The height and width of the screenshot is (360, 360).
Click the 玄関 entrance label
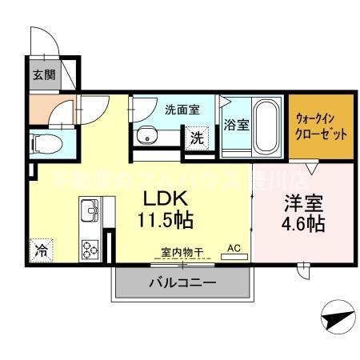(42, 76)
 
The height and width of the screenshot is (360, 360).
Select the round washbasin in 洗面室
(146, 137)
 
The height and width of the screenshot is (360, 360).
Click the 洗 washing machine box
(197, 137)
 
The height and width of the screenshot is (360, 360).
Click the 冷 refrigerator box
(40, 250)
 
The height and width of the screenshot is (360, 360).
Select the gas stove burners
(89, 248)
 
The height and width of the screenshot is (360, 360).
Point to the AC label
(235, 249)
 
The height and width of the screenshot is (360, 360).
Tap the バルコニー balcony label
(182, 282)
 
